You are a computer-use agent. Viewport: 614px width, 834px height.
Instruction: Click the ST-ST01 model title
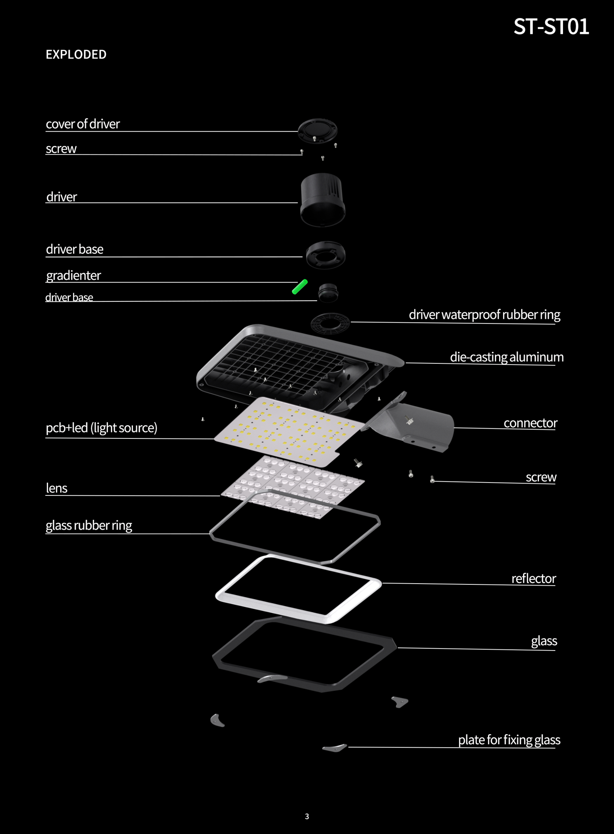point(551,27)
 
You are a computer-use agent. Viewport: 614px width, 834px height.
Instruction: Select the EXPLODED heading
point(76,55)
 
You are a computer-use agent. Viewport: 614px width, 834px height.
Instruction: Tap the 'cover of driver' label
point(83,124)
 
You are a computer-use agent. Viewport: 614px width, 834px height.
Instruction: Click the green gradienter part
point(300,287)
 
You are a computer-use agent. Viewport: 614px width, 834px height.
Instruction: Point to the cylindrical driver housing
point(323,200)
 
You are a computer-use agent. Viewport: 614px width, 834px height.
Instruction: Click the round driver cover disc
point(317,130)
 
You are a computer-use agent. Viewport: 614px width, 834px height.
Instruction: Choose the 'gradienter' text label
point(73,276)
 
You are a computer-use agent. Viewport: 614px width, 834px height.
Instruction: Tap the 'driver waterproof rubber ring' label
point(484,315)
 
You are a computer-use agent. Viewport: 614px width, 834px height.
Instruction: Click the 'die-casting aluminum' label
point(507,357)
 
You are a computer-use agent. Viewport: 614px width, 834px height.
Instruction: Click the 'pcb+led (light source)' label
point(101,428)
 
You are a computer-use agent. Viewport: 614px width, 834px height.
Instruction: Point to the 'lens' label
point(56,488)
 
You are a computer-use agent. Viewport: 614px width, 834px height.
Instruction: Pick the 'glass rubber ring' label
point(89,525)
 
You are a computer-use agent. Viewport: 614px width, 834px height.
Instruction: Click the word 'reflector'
point(534,578)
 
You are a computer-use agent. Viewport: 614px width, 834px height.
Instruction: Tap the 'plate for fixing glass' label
point(509,740)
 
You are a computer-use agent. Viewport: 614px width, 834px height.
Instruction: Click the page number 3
point(307,816)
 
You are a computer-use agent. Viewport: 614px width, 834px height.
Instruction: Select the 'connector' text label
point(530,423)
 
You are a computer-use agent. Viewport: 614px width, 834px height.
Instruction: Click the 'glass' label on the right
point(544,641)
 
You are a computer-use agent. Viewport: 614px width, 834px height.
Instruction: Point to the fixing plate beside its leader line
point(335,748)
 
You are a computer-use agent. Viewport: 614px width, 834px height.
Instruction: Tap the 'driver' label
point(61,197)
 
